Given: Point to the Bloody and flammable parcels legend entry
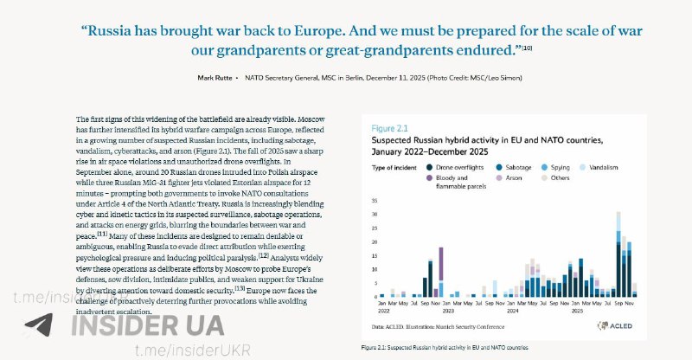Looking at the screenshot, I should click(458, 180).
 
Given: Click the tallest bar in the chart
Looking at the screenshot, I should click(618, 254).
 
